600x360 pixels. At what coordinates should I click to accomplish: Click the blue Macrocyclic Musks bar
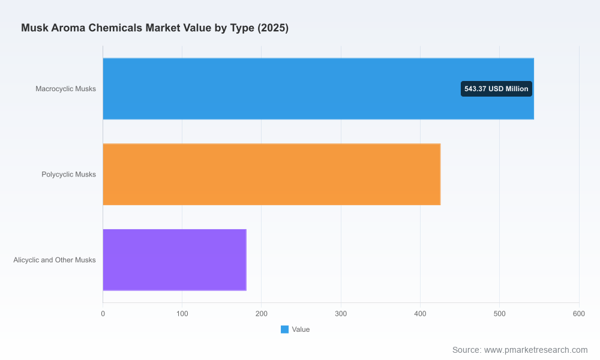319,89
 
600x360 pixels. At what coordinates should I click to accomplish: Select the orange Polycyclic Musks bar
272,175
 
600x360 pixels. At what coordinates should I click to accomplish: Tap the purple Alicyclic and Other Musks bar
175,260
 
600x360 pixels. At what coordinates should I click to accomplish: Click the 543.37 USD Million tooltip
496,89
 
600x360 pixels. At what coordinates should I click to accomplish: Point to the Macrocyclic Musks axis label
66,89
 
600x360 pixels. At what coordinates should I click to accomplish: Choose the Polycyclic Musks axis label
69,175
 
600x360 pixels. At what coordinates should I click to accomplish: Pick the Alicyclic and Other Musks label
55,260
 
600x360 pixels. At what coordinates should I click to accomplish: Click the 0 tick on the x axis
103,314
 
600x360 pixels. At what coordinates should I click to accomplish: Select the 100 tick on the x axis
182,314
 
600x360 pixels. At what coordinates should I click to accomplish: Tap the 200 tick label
262,314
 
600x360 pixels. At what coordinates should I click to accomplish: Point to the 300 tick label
341,314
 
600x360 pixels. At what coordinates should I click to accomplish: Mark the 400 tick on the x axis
420,314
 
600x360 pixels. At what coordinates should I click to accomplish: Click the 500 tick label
499,314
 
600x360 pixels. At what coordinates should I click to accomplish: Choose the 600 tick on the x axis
579,314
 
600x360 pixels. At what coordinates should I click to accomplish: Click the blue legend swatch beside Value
284,329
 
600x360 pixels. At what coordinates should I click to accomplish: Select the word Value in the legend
301,329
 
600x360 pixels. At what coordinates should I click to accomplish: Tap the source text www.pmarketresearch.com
536,350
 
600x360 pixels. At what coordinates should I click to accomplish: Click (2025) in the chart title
273,28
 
